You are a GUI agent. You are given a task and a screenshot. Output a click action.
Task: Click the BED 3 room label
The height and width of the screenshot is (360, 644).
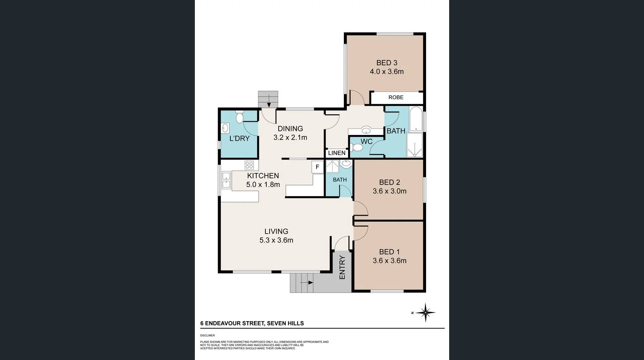[386, 63]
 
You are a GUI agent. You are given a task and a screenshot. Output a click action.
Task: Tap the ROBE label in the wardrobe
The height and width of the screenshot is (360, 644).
[396, 97]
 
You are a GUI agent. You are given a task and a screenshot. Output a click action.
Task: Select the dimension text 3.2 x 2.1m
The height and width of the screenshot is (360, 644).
[290, 137]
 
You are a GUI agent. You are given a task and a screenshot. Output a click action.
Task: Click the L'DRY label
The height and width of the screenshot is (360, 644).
[239, 138]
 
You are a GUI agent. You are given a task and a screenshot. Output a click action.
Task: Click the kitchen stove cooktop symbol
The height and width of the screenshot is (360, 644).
[249, 165]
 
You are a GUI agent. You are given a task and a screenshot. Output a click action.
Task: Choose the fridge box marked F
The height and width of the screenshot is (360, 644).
[317, 167]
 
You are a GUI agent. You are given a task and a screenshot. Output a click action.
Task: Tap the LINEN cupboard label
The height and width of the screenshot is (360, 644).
[337, 153]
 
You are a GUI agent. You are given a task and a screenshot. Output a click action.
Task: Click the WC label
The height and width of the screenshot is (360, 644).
[367, 142]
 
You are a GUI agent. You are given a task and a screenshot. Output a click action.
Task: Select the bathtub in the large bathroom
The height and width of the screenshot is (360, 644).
[416, 119]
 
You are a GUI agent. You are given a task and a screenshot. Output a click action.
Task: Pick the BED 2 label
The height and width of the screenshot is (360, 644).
[389, 182]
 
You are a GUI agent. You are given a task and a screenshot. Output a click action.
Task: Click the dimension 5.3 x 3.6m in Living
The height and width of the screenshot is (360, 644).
[276, 240]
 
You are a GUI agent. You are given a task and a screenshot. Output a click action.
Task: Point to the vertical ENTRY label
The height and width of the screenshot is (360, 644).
[342, 268]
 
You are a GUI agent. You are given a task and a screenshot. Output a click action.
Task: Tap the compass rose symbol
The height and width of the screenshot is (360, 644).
[426, 313]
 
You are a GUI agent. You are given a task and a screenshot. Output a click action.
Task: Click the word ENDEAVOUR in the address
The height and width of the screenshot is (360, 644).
[225, 323]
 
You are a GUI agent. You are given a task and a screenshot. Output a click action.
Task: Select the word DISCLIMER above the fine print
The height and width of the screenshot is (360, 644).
[208, 336]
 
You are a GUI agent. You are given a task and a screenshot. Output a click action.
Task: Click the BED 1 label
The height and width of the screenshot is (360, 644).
[389, 252]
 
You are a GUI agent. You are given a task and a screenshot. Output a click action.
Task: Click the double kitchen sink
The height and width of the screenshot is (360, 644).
[226, 180]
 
